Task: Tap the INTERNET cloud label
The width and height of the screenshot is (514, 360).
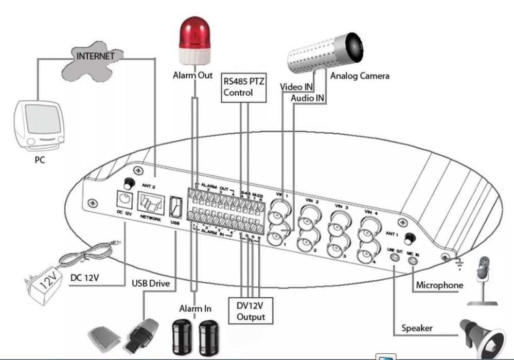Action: pyautogui.click(x=95, y=56)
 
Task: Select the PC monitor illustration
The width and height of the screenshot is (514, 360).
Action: pyautogui.click(x=40, y=124)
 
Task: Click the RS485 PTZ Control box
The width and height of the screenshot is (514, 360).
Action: pyautogui.click(x=244, y=87)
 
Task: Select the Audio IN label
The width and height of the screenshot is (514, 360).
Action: pyautogui.click(x=307, y=98)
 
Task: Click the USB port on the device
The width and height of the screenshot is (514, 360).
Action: pyautogui.click(x=176, y=206)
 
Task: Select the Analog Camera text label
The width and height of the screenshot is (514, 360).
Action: pyautogui.click(x=360, y=76)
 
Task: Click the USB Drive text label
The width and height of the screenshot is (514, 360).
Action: pyautogui.click(x=151, y=283)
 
